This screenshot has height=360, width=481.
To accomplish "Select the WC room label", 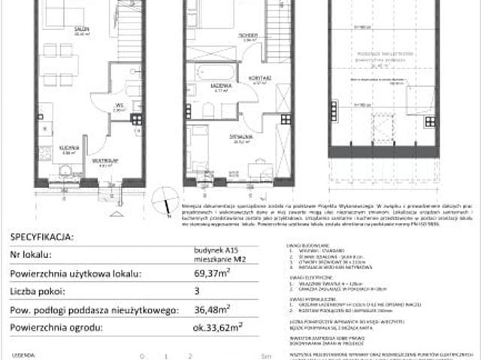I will click(x=118, y=104).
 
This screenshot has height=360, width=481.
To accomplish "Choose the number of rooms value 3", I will click(x=188, y=289).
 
